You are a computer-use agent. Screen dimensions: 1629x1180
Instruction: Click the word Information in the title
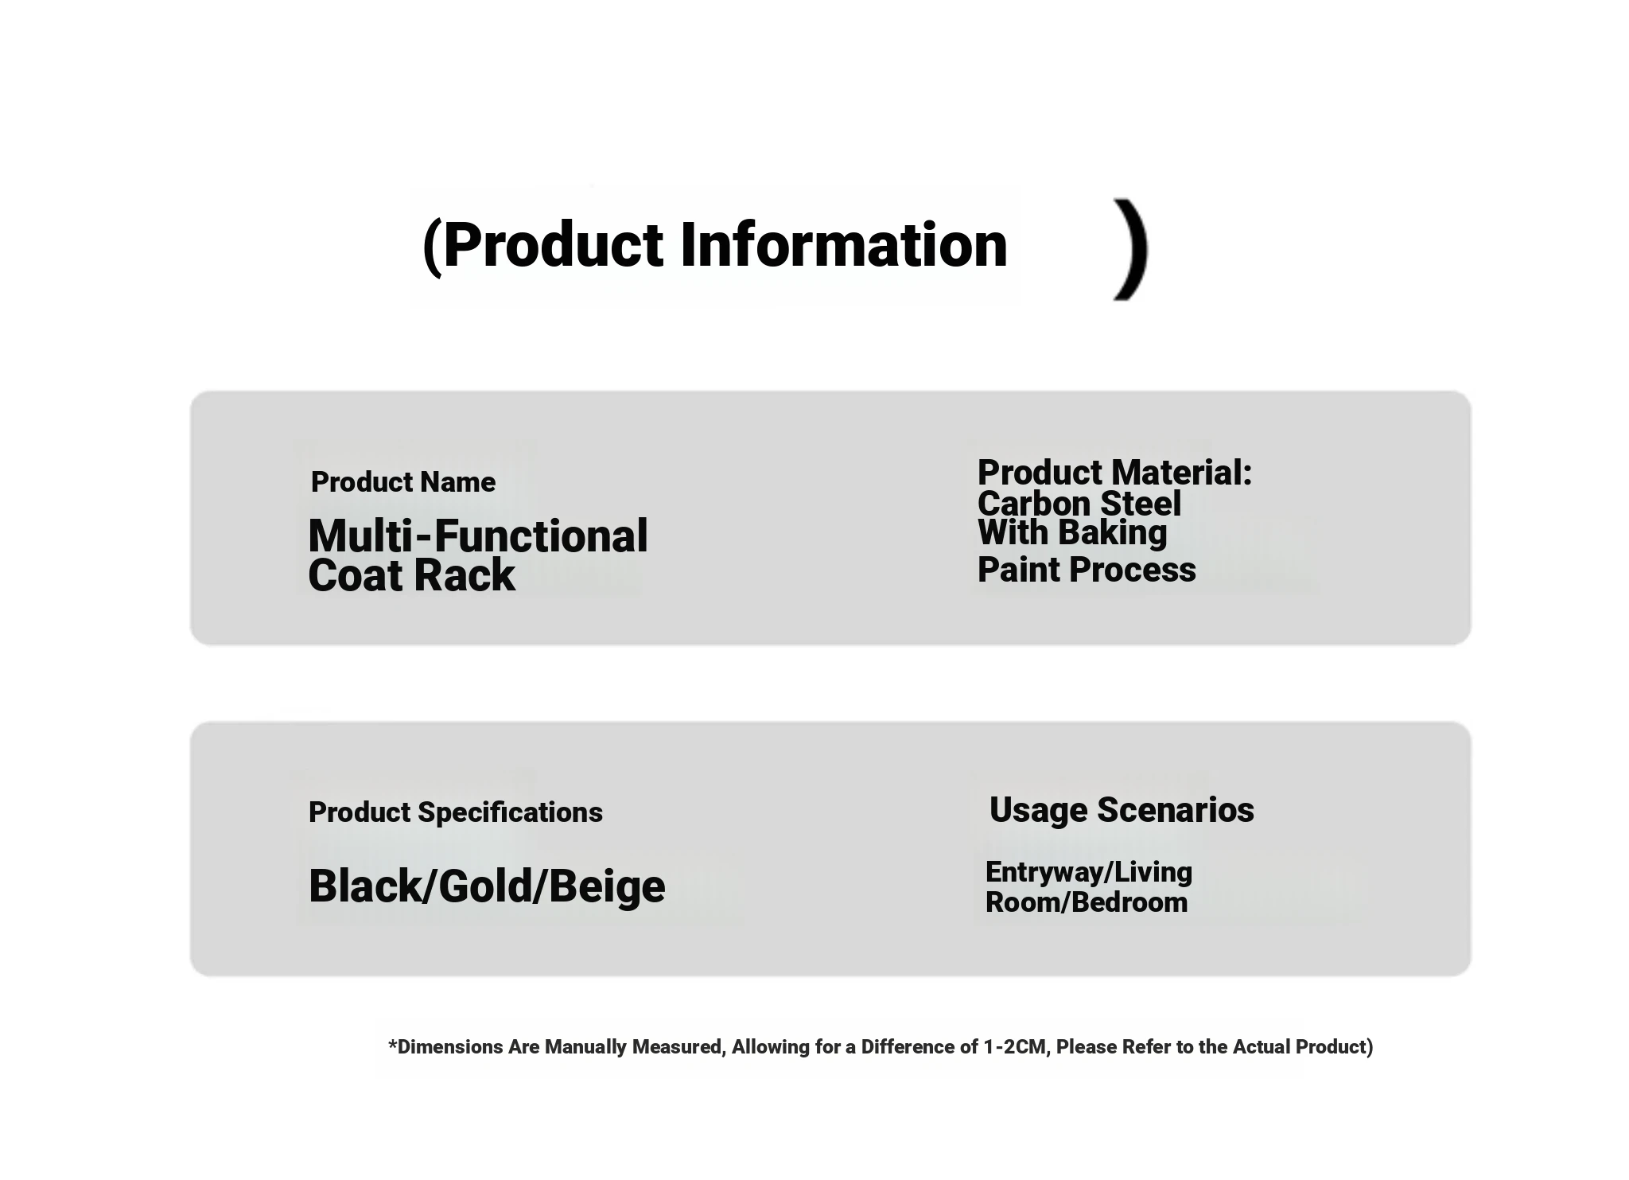pos(844,244)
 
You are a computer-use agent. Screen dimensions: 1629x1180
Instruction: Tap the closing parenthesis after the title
pos(1132,249)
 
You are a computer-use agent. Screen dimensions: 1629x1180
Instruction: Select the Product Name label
pos(403,482)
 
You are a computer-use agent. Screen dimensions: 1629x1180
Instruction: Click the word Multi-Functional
pos(478,535)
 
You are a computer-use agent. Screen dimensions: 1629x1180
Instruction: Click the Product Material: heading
pos(1114,473)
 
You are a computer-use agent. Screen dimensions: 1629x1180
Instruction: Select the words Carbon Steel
pos(1079,504)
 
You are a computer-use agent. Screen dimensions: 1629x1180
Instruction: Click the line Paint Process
pos(1087,570)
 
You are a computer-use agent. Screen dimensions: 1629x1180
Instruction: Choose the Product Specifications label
pos(456,812)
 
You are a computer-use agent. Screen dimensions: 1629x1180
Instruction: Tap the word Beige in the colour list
pos(606,886)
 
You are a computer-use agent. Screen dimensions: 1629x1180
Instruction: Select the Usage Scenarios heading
pos(1122,810)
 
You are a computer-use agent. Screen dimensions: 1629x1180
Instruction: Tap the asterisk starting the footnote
pos(392,1044)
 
